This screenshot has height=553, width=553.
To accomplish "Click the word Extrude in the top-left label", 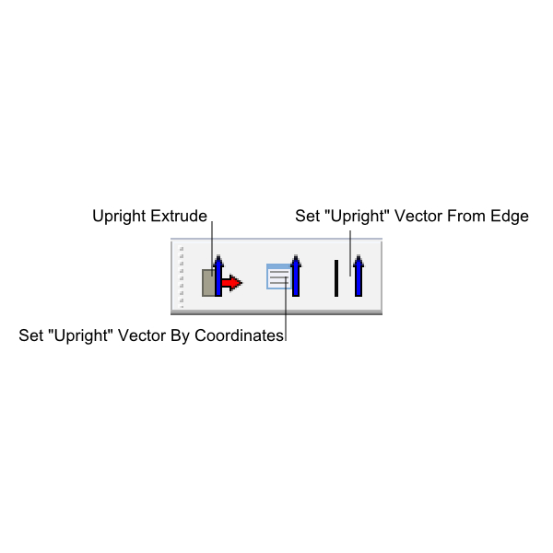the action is tap(179, 216).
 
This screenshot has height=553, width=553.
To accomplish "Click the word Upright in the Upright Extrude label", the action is tap(119, 217).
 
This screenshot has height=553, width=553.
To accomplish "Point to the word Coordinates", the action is tap(239, 335).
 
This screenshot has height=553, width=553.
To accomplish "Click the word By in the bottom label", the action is tap(181, 336).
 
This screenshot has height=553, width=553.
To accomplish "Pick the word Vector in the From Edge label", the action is tap(418, 216).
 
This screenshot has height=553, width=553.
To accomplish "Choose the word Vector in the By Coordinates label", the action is tap(142, 335).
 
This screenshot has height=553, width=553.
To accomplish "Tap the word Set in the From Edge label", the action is tap(307, 216).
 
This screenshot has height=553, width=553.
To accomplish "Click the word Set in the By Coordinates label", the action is tap(30, 335).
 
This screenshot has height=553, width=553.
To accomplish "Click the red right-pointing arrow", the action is tap(231, 283).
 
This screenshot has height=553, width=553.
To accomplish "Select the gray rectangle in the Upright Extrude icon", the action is tap(208, 283).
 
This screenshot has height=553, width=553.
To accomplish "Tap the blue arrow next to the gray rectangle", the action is tap(218, 276).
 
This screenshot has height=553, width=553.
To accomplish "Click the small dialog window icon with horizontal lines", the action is tap(279, 276).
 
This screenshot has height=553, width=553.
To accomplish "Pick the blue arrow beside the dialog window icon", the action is tap(296, 276).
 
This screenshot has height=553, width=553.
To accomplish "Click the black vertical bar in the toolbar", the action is tap(336, 278).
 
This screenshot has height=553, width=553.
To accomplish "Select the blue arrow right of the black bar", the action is tap(359, 276).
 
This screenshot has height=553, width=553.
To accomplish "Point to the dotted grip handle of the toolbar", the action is tap(182, 276).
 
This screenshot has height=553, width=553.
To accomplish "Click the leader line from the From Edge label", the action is tap(350, 253).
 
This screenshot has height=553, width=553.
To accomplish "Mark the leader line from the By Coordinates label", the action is tap(286, 309).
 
